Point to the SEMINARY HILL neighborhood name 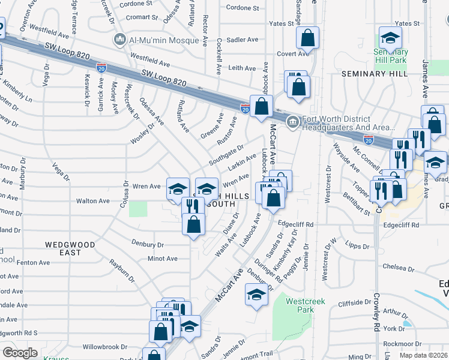375,73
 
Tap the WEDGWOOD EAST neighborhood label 70,248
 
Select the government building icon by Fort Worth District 292,123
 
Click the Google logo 20,353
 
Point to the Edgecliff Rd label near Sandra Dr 296,224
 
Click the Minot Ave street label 163,259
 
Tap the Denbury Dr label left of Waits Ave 147,244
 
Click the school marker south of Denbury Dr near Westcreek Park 256,295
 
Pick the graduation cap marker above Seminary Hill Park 390,38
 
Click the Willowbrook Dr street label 105,347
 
